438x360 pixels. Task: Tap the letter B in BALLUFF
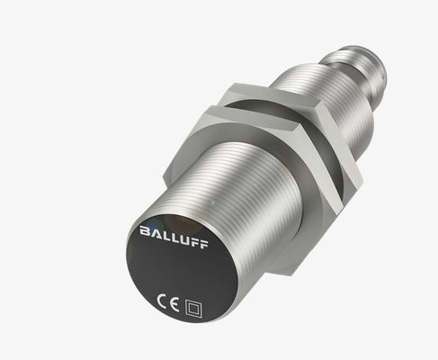(x=146, y=232)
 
